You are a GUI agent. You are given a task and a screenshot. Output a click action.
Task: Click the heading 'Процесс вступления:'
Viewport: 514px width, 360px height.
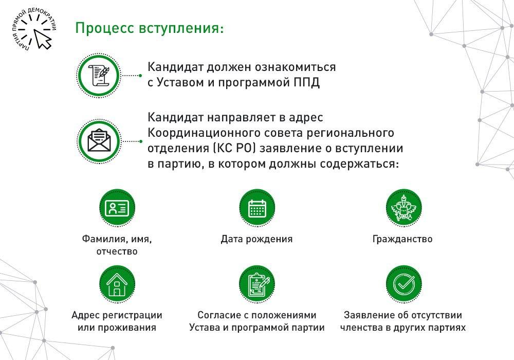150,28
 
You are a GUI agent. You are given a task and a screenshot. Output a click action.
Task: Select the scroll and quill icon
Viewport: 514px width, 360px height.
99,76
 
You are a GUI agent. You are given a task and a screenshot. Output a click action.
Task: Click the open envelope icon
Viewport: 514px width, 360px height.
99,141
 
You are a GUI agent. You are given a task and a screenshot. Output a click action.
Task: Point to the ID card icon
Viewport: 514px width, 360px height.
117,208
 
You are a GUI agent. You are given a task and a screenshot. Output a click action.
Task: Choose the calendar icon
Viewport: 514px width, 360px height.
257,208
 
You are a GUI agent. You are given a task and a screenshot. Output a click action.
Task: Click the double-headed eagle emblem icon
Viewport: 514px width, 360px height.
403,208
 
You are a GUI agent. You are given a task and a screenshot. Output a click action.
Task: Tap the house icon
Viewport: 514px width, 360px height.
117,284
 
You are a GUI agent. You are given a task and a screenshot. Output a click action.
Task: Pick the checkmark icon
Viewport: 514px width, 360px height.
403,283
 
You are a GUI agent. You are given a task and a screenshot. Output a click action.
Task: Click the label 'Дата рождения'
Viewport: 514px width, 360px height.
256,239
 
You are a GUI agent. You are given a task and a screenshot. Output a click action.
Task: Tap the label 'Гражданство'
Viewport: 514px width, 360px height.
402,239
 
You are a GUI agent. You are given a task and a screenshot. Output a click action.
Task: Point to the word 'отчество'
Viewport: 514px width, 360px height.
117,251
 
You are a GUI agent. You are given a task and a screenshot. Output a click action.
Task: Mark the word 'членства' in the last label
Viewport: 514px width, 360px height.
361,328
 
